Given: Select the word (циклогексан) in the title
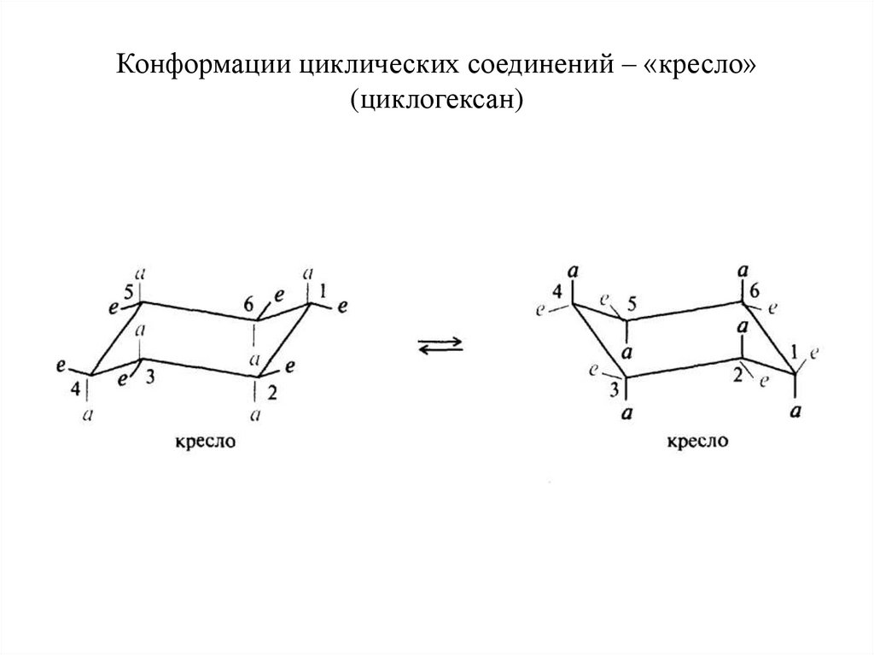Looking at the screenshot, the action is (x=436, y=101).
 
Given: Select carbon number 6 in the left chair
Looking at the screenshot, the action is (x=248, y=304).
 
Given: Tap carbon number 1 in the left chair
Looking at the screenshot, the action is (x=322, y=293).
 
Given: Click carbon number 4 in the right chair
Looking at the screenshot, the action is (x=557, y=292).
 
